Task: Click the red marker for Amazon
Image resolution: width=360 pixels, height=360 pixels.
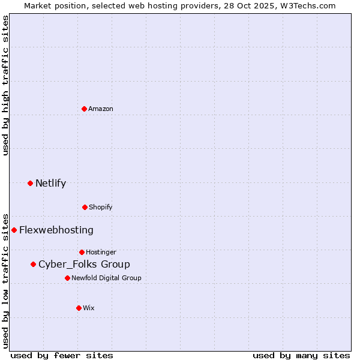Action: point(84,109)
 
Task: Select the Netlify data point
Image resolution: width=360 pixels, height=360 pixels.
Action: point(30,183)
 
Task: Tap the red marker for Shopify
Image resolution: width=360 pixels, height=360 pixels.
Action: point(85,207)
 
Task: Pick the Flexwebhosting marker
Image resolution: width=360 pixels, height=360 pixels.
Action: point(14,230)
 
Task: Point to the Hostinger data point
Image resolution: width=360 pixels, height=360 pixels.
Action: point(82,252)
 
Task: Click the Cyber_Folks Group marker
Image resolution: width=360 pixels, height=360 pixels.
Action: point(33,264)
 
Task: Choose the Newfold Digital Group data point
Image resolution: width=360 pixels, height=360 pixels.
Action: point(67,278)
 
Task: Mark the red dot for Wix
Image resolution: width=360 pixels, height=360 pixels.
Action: point(79,308)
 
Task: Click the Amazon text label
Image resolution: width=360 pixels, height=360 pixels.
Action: point(101,109)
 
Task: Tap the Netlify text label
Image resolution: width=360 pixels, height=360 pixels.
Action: point(51,183)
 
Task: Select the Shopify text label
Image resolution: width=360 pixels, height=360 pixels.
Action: point(101,207)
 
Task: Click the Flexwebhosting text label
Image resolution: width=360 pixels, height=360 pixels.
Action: point(56,230)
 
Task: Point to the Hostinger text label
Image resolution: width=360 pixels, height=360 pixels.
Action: point(101,252)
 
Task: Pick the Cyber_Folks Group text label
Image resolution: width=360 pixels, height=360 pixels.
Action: point(84,264)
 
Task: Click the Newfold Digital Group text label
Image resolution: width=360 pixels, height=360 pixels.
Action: point(106,278)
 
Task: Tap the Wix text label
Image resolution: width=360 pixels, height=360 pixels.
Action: point(89,308)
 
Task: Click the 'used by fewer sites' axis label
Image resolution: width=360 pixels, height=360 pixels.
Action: point(62,355)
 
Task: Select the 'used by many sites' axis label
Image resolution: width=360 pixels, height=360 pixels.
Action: point(301,355)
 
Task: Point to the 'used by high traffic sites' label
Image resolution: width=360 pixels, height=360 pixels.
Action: point(6,85)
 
